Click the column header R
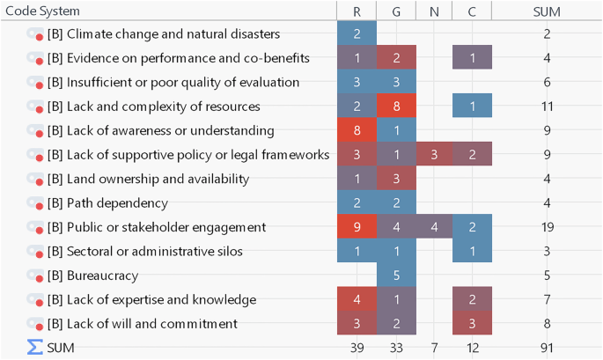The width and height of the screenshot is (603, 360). (x=357, y=11)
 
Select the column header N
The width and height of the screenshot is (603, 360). (x=434, y=11)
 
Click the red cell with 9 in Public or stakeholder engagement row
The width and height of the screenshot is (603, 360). (x=357, y=227)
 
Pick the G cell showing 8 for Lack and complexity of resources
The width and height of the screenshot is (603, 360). (x=395, y=107)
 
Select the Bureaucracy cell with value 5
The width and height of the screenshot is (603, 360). (x=395, y=276)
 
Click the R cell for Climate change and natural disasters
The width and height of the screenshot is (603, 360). (x=357, y=34)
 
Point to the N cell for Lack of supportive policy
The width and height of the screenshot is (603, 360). (x=434, y=155)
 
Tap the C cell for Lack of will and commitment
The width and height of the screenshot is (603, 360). (x=473, y=324)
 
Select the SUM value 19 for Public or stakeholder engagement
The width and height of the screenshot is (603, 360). (x=548, y=227)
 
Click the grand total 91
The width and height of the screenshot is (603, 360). (x=548, y=348)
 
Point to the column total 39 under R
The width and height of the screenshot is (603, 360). (x=357, y=348)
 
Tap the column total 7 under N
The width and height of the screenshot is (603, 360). (x=434, y=348)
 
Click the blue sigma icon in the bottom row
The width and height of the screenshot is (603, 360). (x=34, y=348)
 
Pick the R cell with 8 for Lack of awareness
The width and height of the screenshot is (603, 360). (x=357, y=130)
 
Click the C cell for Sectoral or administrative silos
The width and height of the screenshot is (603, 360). (x=473, y=252)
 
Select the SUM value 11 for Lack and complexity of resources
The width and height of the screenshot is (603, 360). (x=548, y=107)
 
